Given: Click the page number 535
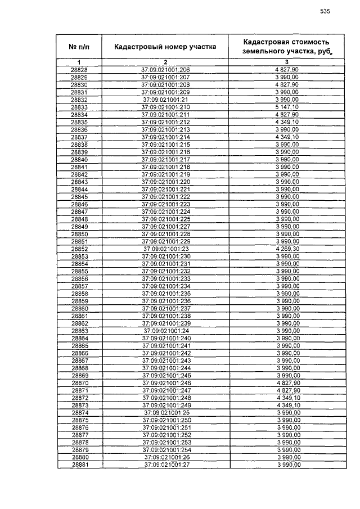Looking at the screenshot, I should click(325, 11).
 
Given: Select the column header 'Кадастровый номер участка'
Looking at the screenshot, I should click(165, 47).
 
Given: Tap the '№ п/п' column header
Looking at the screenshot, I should click(79, 47).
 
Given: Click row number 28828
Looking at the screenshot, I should click(79, 70).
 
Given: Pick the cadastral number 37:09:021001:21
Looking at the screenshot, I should click(165, 100).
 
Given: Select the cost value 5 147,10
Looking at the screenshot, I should click(287, 107).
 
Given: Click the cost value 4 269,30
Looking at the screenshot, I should click(287, 249).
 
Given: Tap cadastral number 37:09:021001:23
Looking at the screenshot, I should click(165, 249).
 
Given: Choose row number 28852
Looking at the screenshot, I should click(79, 249).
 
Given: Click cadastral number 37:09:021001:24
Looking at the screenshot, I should click(165, 331).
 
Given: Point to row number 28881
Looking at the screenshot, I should click(79, 465).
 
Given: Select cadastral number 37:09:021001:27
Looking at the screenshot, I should click(165, 465).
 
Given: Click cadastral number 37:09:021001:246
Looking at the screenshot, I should click(165, 383).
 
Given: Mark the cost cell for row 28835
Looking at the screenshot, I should click(287, 121).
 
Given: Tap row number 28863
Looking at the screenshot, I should click(79, 331).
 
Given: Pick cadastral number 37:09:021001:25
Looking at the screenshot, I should click(165, 413).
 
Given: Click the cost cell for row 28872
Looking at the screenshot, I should click(287, 398).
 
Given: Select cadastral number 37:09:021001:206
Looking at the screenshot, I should click(165, 70).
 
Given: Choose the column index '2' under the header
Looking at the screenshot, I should click(165, 62).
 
